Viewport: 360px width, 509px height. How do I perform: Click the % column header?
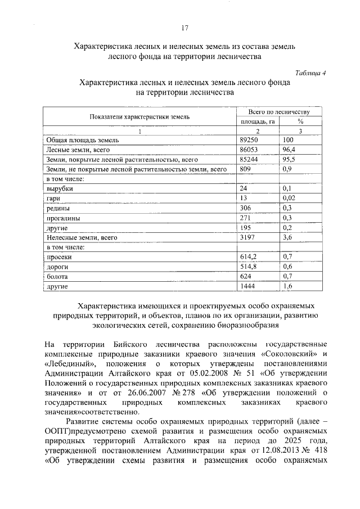[x=300, y=121]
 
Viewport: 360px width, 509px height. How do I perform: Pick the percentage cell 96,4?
[x=289, y=150]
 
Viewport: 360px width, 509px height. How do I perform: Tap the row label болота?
[x=57, y=277]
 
